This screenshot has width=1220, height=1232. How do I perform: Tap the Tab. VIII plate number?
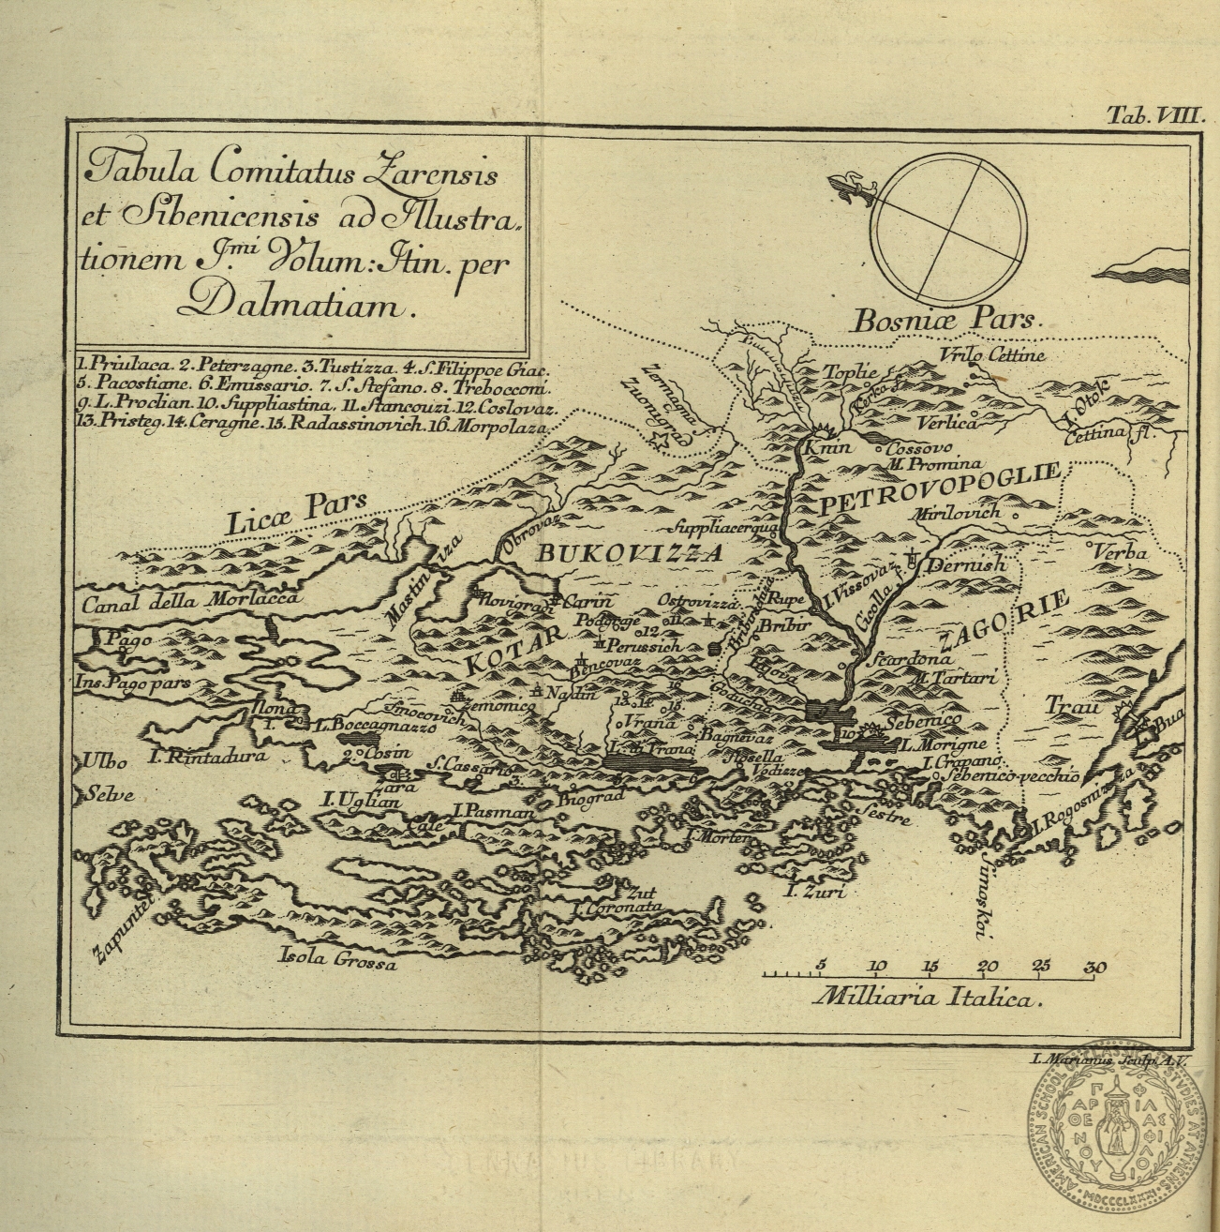[x=1154, y=114]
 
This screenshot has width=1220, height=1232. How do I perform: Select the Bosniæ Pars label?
[x=945, y=320]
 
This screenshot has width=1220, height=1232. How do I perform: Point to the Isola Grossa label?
[x=338, y=959]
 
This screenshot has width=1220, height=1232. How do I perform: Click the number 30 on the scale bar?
[x=1094, y=967]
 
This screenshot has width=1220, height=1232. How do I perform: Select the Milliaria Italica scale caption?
[x=928, y=998]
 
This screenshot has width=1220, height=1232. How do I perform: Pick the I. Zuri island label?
[x=815, y=892]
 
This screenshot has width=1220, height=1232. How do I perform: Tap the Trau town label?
[x=1073, y=707]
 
